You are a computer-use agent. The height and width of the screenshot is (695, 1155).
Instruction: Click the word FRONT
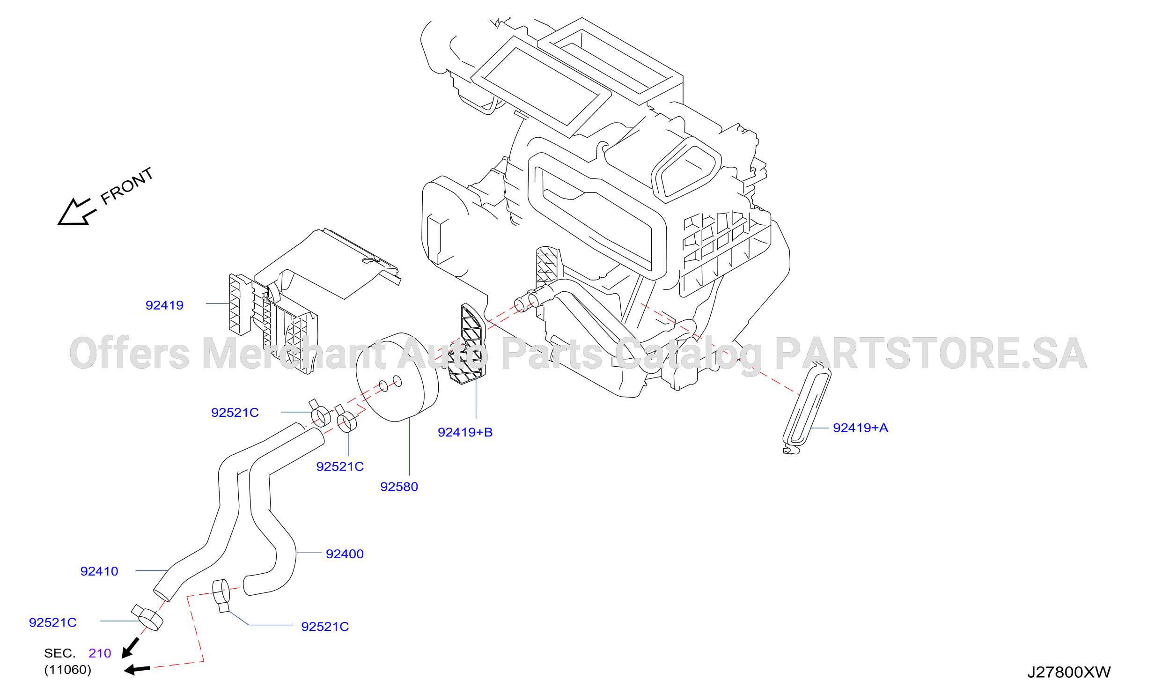tap(127, 186)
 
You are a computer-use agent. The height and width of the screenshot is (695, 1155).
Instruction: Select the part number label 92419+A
tap(861, 428)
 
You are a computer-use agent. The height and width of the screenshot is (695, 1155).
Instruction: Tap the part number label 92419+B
tap(465, 432)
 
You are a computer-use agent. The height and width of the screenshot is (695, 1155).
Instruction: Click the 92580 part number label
tap(399, 487)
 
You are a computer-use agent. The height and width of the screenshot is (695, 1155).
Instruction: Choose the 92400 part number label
tap(345, 554)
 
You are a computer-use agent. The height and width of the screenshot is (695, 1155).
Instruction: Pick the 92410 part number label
tap(99, 571)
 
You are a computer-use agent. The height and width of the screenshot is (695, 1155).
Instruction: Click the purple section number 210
tap(100, 653)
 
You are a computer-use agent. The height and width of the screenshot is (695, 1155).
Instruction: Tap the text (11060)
tap(68, 670)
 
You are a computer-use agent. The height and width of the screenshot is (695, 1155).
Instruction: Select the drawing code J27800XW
tap(1069, 673)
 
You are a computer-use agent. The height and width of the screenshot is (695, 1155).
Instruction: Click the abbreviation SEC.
tap(59, 653)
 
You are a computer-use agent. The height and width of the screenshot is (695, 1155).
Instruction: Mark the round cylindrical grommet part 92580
tap(397, 377)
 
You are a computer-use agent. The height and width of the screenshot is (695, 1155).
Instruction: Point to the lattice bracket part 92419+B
tap(466, 344)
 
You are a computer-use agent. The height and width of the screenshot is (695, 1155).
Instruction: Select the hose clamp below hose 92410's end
tap(147, 618)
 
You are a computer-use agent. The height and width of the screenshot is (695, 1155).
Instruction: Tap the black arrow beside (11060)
tap(137, 670)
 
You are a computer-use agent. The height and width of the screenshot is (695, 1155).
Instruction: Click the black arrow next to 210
tap(130, 648)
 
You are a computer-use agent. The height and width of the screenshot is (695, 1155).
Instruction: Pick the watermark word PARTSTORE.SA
tap(931, 353)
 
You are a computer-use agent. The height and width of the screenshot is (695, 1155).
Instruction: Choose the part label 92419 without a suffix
tap(164, 305)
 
